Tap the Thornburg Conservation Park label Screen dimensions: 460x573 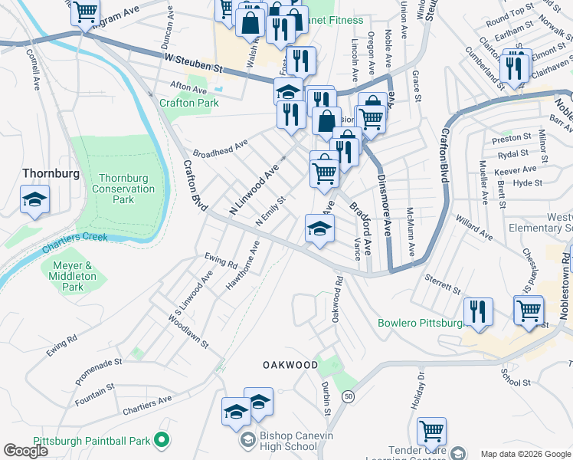(x=123, y=189)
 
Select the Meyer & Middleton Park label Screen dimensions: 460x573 (x=72, y=276)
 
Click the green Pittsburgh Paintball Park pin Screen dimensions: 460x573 (x=162, y=440)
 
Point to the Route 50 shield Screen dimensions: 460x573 (x=348, y=396)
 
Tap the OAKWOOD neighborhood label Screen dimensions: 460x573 (x=290, y=365)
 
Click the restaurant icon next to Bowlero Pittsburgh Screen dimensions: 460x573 (x=478, y=312)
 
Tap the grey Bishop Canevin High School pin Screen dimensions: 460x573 (x=248, y=440)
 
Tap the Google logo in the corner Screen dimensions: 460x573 (x=25, y=451)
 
